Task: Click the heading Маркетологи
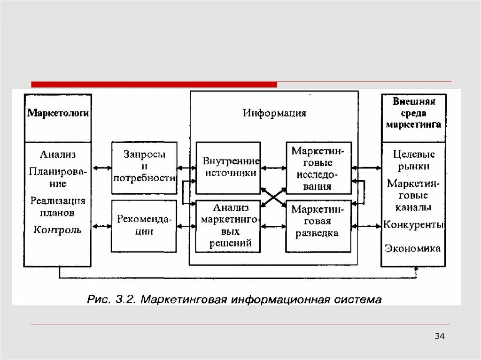[x=58, y=113]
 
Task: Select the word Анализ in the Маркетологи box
[x=57, y=154]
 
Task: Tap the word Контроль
[x=57, y=230]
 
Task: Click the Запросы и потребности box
[x=144, y=167]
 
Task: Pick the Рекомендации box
[x=144, y=226]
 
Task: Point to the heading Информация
[x=274, y=113]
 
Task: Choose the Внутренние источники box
[x=228, y=167]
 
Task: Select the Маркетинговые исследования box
[x=318, y=168]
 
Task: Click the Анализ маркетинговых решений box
[x=228, y=226]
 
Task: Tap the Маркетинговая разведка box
[x=318, y=226]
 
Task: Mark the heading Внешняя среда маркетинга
[x=413, y=113]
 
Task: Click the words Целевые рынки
[x=413, y=160]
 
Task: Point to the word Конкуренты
[x=413, y=225]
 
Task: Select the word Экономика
[x=413, y=248]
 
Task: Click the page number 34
[x=440, y=336]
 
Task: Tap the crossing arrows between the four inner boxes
[x=273, y=197]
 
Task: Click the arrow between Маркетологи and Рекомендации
[x=101, y=226]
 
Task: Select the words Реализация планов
[x=57, y=207]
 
